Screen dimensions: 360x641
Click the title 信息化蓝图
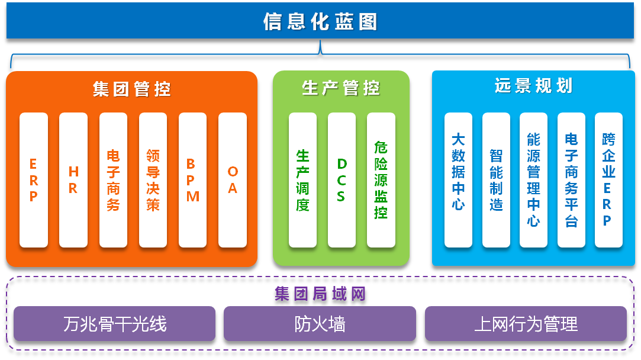coord(320,22)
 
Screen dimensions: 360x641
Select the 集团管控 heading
coord(131,89)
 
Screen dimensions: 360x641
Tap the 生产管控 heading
coord(341,88)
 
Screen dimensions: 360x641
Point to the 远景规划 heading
coord(533,86)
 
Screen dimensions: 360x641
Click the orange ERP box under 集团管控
coord(34,180)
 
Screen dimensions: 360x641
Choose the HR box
coord(73,180)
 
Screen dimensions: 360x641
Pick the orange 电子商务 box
coord(113,180)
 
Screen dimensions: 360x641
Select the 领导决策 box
coord(153,180)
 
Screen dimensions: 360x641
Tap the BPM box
coord(192,180)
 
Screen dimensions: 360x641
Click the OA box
coord(233,180)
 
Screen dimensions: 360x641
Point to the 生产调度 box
coord(302,180)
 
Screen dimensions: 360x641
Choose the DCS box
coord(342,180)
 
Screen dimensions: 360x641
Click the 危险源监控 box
coord(381,180)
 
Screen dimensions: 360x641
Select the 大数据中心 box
coord(458,180)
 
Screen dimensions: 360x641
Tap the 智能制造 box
coord(496,180)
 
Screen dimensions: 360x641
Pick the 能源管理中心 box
coord(533,180)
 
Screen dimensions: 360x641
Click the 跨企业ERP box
coord(608,180)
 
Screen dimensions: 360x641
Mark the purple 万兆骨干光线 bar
coord(114,324)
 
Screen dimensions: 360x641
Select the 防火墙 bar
coord(320,324)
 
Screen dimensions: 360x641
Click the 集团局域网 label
coord(320,294)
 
